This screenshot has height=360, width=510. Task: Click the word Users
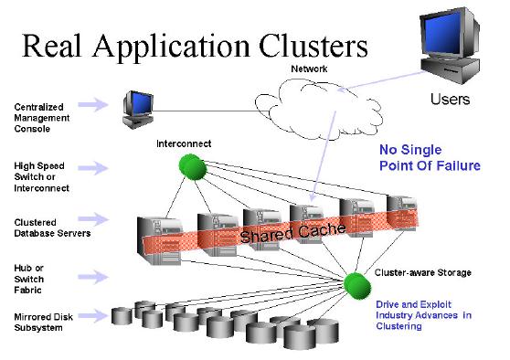(x=450, y=99)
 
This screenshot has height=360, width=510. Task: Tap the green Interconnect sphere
(x=190, y=165)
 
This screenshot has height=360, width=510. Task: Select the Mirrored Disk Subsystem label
(x=40, y=322)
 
